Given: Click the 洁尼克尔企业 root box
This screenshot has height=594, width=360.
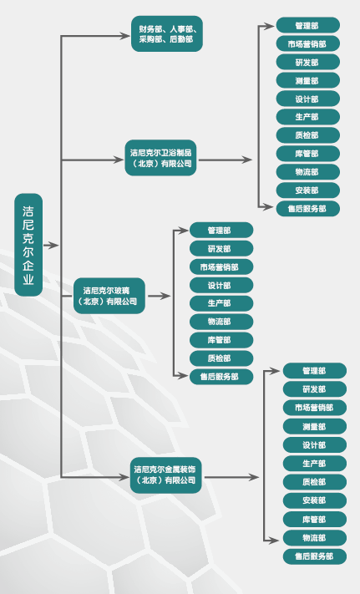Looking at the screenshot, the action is coord(28,245).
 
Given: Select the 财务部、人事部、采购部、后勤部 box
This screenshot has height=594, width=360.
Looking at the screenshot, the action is coord(167,33).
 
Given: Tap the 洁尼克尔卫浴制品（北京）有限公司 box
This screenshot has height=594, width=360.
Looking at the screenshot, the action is coord(161,158).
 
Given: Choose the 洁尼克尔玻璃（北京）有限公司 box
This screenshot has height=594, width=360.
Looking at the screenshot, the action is coord(109,296).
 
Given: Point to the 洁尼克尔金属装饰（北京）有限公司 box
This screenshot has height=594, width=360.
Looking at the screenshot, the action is coord(166,475).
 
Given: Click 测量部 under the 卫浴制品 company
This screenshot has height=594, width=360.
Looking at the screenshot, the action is coord(307,81).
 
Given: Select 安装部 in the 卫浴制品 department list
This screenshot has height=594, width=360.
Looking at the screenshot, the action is coord(307,190).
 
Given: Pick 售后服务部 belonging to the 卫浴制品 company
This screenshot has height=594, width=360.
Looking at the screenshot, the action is coord(307,209).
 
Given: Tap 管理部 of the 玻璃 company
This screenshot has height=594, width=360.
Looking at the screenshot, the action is coord(221,231).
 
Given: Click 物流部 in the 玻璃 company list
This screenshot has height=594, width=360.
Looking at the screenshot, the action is coord(221,322).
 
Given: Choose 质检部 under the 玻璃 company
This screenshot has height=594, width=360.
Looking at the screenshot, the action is coord(221,358).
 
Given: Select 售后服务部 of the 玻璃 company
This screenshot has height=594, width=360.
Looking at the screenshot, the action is coord(221,377).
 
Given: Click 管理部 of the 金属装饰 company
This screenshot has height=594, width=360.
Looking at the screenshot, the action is coord(315,371).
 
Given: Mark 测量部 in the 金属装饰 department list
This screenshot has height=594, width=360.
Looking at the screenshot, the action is coord(315,427).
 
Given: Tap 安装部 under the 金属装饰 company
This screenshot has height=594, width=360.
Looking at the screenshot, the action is coord(315,500).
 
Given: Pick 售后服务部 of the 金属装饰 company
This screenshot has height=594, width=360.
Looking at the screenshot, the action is coord(315,556).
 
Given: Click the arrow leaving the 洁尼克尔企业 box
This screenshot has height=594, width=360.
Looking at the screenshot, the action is coord(51,246).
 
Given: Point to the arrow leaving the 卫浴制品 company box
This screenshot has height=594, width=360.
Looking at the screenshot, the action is coord(226,160).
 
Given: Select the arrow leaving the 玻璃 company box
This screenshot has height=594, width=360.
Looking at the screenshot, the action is coord(159,296).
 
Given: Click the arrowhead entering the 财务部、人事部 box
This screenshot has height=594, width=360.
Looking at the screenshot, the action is coord(125,36).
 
